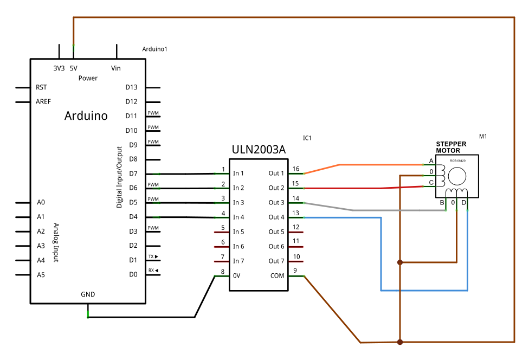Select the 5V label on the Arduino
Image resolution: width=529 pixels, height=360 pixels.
[x=73, y=68]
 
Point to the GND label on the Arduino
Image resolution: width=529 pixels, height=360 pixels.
[x=88, y=294]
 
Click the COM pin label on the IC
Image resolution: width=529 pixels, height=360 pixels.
[x=277, y=275]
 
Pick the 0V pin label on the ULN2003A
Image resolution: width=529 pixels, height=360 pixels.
[x=237, y=275]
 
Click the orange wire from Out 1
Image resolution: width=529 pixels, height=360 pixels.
[x=379, y=164]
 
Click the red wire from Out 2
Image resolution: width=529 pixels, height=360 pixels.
[x=347, y=188]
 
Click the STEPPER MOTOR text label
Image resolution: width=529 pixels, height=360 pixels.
[x=451, y=147]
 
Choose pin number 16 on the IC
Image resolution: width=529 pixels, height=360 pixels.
[x=296, y=169]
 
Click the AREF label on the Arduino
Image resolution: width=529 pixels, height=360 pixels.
[x=43, y=101]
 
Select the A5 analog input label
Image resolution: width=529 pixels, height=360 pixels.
[x=41, y=275]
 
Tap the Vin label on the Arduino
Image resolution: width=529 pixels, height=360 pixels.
[x=115, y=68]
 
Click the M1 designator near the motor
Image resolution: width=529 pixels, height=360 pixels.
[x=483, y=136]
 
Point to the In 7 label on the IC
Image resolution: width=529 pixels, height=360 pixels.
[x=238, y=261]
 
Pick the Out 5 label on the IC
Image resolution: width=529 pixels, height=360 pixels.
[x=276, y=232]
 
